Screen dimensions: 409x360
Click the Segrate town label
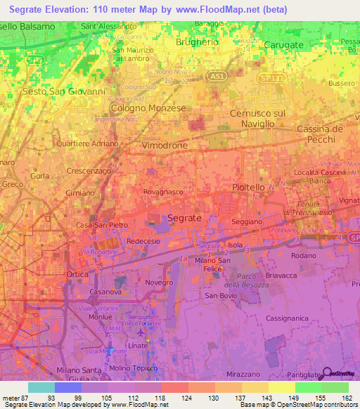click(x=184, y=219)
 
